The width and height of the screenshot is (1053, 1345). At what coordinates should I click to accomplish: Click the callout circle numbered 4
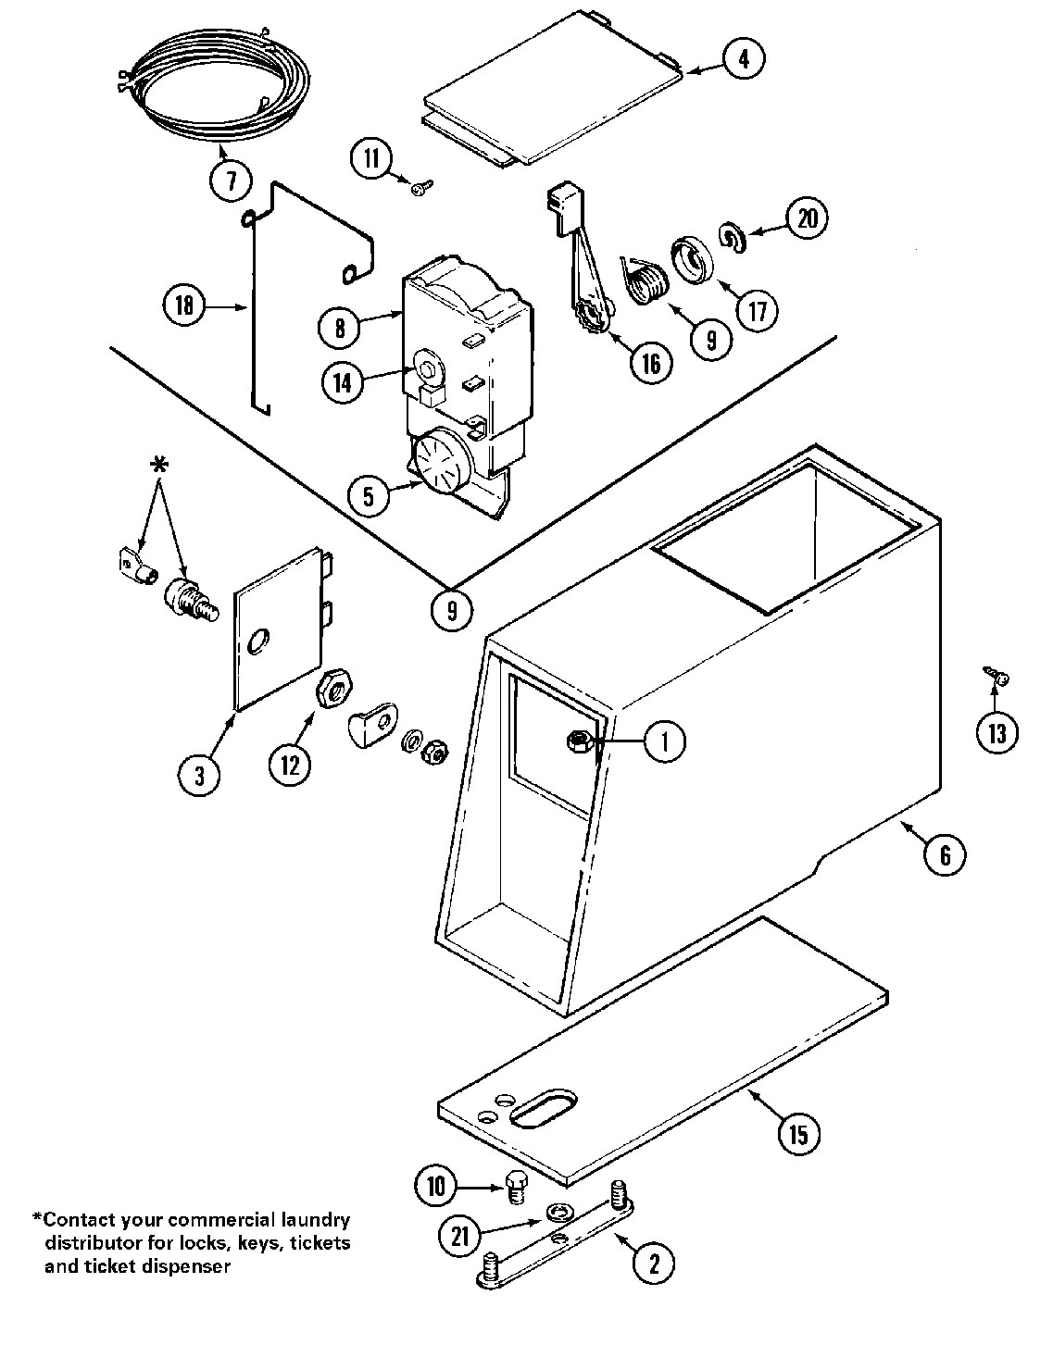click(x=744, y=59)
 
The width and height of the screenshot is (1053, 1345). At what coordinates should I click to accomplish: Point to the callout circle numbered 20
click(x=807, y=218)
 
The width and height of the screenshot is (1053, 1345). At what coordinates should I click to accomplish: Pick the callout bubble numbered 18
click(x=184, y=305)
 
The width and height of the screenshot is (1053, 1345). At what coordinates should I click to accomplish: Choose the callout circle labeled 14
click(x=344, y=381)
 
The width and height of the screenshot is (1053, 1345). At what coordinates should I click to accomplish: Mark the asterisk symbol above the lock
click(x=159, y=467)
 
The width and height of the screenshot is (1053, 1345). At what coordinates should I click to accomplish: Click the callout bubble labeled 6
click(x=945, y=854)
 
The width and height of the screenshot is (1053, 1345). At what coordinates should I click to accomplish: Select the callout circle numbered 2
click(x=655, y=1264)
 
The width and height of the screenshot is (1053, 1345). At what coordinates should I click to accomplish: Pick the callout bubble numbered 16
click(x=651, y=363)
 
